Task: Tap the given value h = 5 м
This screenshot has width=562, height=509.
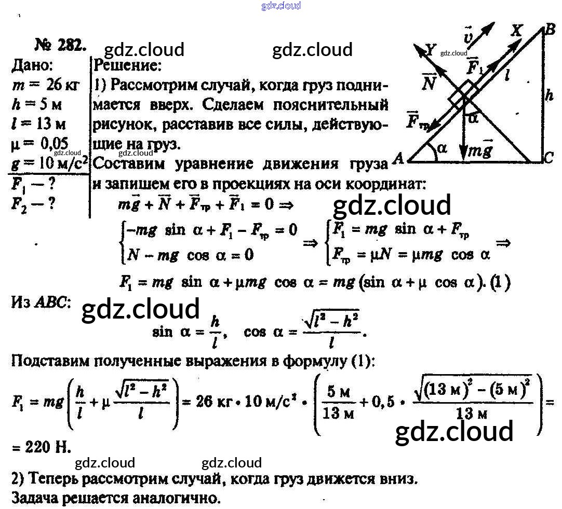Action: click(x=36, y=105)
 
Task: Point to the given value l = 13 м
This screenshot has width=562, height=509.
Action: click(x=39, y=125)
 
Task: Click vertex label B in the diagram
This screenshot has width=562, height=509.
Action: click(x=549, y=30)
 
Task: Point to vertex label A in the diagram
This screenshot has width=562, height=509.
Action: click(x=399, y=159)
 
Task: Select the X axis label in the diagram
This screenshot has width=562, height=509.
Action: click(x=516, y=31)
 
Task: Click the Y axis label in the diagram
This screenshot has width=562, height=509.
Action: click(x=430, y=50)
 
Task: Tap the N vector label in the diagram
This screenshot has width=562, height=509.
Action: click(x=429, y=82)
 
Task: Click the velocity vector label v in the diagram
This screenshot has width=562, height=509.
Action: click(x=468, y=37)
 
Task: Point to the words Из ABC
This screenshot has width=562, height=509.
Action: click(x=41, y=303)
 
